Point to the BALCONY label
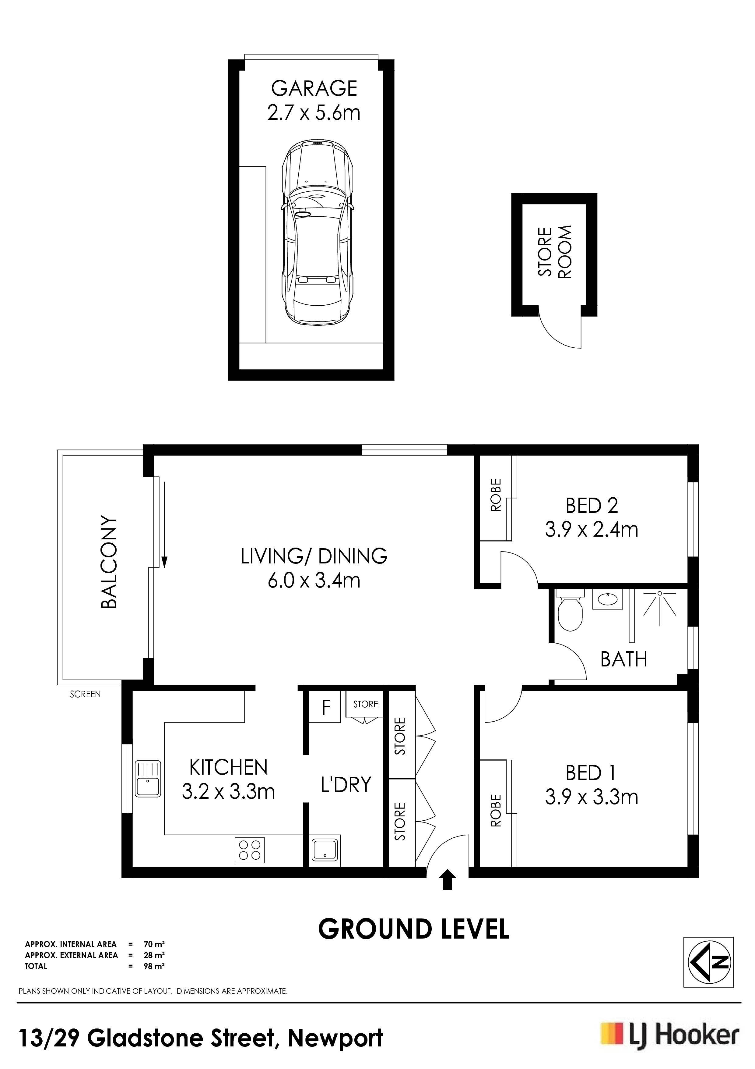pyautogui.click(x=109, y=562)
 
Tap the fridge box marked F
pyautogui.click(x=326, y=707)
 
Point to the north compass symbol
pyautogui.click(x=708, y=962)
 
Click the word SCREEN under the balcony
pyautogui.click(x=85, y=694)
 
